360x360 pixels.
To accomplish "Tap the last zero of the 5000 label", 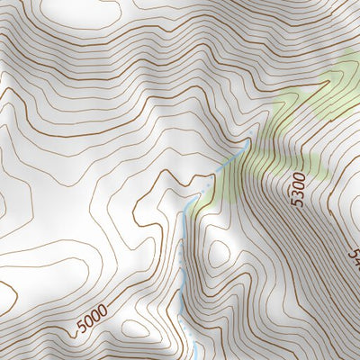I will click(103, 310).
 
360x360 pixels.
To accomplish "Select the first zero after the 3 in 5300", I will click(300, 185).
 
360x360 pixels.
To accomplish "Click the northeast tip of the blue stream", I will click(247, 141).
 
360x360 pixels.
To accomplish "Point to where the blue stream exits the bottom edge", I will click(193, 357).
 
